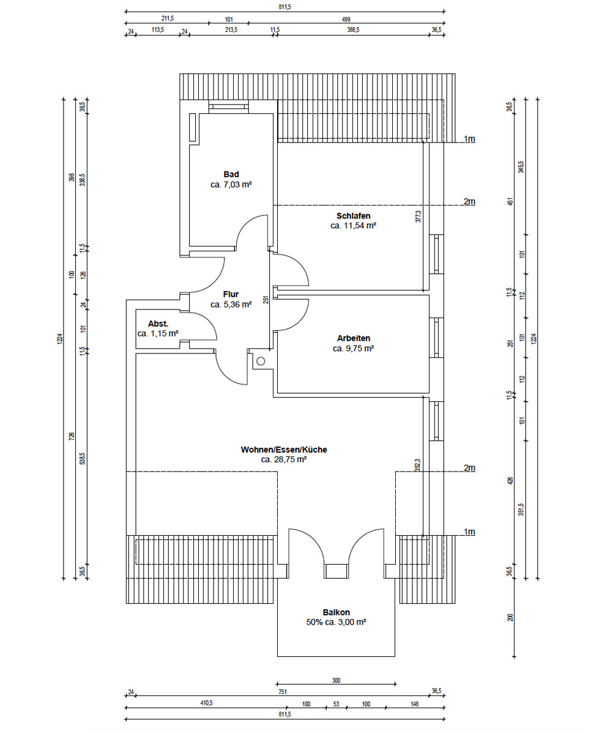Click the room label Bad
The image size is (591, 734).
[x=231, y=174]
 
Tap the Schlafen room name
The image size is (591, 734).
[x=353, y=216]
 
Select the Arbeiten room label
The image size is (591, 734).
[x=354, y=338]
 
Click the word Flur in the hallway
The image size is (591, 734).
[x=231, y=294]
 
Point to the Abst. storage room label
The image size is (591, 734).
[x=158, y=324]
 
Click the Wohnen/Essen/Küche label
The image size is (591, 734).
[x=284, y=450]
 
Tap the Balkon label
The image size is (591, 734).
[x=336, y=612]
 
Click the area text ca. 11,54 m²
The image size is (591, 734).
[x=353, y=226]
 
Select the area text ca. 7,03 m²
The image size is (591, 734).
[x=231, y=185]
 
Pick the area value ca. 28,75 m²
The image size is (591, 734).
[x=284, y=459]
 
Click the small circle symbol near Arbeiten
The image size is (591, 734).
[x=261, y=361]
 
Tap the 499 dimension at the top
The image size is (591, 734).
[x=346, y=20]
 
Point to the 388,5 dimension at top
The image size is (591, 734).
[x=353, y=30]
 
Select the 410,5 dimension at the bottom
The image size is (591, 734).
[x=206, y=703]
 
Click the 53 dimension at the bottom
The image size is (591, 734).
[x=336, y=704]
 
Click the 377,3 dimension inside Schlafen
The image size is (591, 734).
[x=418, y=217]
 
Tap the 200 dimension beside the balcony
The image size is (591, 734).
[x=510, y=617]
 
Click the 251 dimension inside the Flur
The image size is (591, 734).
[x=266, y=300]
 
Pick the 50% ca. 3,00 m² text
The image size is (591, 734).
[x=336, y=622]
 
